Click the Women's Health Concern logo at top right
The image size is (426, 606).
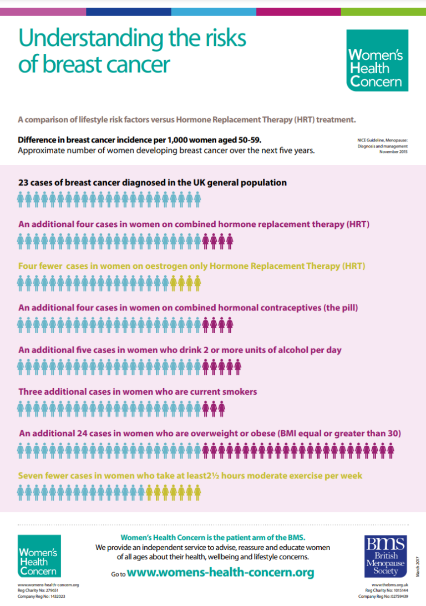[377, 60]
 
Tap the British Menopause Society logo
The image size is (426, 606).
[386, 556]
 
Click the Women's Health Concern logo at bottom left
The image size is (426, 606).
[39, 556]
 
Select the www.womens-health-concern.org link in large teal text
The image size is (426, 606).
[220, 572]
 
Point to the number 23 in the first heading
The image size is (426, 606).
[24, 182]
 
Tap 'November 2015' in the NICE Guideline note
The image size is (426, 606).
[393, 151]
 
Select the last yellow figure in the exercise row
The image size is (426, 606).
[197, 492]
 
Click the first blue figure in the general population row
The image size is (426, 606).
[21, 199]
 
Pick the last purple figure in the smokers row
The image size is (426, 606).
[221, 410]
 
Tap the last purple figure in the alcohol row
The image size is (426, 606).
[237, 367]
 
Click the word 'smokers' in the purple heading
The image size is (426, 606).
[237, 392]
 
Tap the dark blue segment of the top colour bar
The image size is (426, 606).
[129, 12]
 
